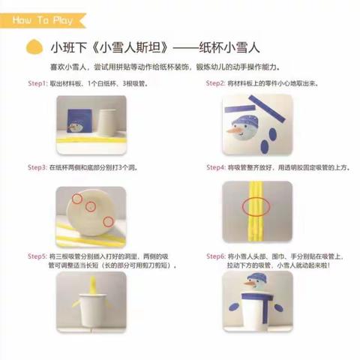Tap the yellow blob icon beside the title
[31, 48]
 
